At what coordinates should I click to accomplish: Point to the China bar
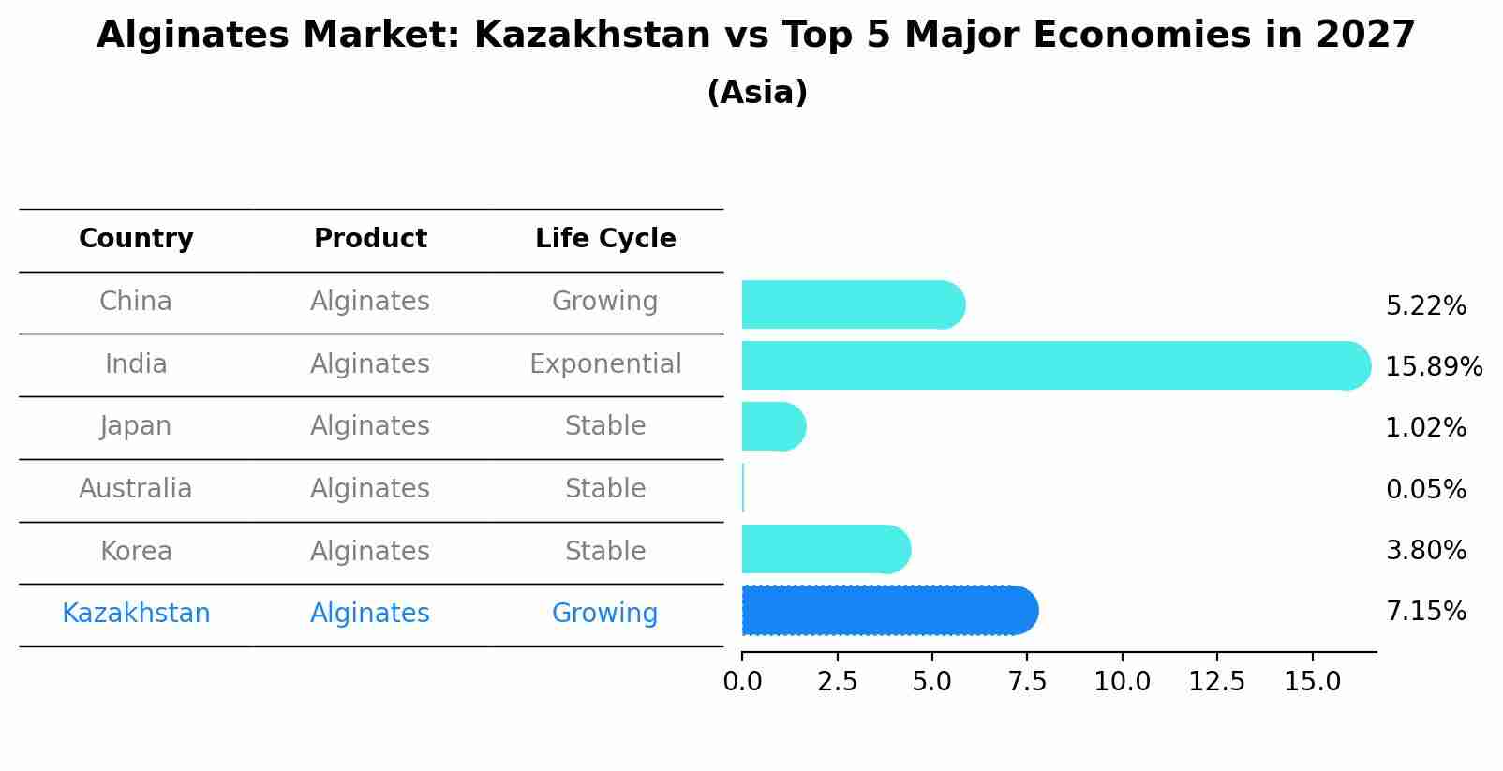(852, 304)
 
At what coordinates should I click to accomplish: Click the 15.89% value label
(1433, 366)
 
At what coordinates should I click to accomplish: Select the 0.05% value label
(1425, 489)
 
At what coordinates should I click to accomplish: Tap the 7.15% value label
(1425, 612)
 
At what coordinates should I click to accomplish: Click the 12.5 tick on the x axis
(1216, 681)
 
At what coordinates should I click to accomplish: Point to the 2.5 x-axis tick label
(837, 681)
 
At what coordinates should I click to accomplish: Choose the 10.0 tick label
(1122, 681)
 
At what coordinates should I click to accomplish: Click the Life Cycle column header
(605, 239)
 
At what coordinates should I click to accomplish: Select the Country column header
(136, 239)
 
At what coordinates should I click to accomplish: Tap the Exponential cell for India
(605, 363)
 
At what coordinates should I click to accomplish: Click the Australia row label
(136, 488)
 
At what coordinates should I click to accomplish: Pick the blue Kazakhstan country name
(136, 613)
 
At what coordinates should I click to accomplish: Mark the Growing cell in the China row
(604, 301)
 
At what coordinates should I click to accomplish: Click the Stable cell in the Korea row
(605, 551)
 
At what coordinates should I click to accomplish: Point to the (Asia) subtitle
(757, 93)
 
